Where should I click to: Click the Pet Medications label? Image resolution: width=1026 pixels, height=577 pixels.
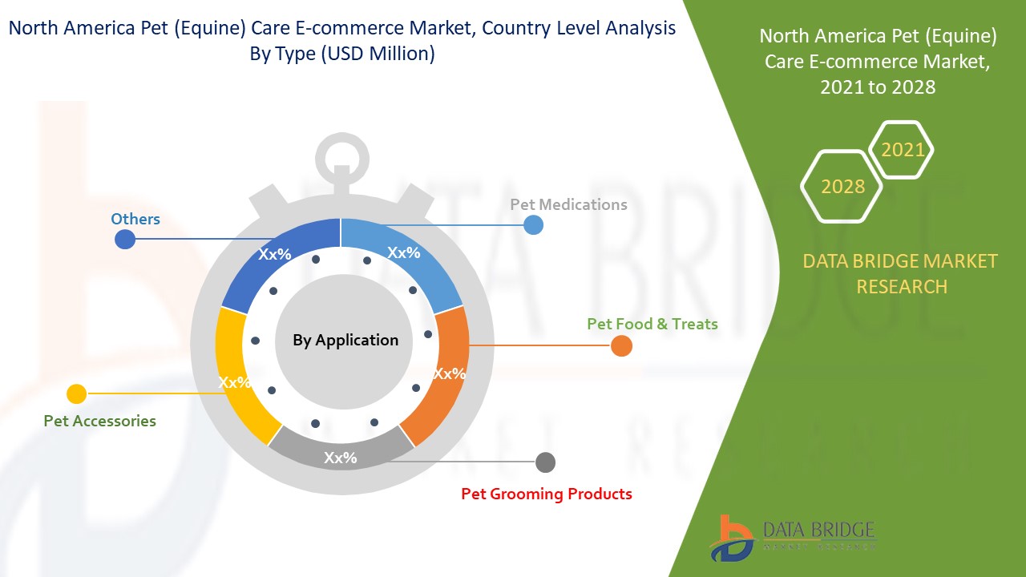[568, 204]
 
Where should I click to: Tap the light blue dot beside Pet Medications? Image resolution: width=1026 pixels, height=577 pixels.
[533, 225]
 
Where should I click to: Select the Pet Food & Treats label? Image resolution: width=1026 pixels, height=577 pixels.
[652, 324]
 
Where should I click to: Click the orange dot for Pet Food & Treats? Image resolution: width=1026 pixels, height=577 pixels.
[621, 346]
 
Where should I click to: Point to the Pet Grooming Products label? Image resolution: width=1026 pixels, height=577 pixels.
[546, 494]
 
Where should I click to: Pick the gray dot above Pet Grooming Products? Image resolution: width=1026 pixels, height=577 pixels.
[545, 462]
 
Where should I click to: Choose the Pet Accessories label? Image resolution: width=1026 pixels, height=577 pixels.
[99, 421]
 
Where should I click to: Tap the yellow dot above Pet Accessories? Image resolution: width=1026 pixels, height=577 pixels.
[76, 393]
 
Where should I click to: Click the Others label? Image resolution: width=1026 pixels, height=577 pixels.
[135, 219]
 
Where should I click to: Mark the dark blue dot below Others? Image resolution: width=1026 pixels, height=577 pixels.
[125, 239]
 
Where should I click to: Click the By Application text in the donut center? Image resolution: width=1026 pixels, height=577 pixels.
[345, 340]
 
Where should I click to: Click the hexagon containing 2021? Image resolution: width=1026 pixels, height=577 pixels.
[902, 150]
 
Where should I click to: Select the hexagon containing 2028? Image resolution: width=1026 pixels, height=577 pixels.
[842, 186]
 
